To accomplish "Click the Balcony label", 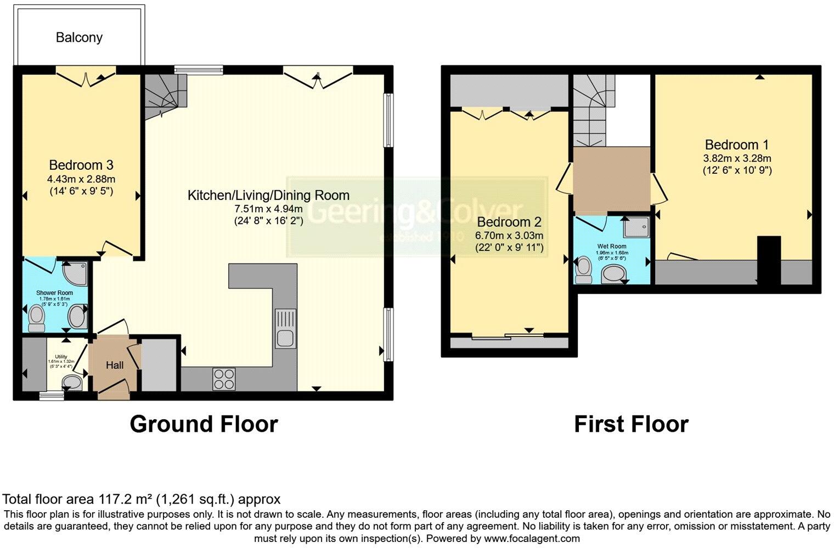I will (79, 37).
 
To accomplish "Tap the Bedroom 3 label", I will (81, 165).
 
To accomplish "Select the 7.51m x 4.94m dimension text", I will (268, 209).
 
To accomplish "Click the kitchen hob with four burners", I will (224, 379).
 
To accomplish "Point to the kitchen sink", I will (285, 328).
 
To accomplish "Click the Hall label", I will (115, 365).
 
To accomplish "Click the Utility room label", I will (61, 357).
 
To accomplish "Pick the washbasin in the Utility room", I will (71, 382).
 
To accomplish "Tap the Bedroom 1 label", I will (736, 145).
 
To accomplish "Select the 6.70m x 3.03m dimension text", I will (509, 236).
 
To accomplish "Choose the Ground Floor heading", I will (204, 424).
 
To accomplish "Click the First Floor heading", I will (631, 424).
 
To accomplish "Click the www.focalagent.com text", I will (532, 538).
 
